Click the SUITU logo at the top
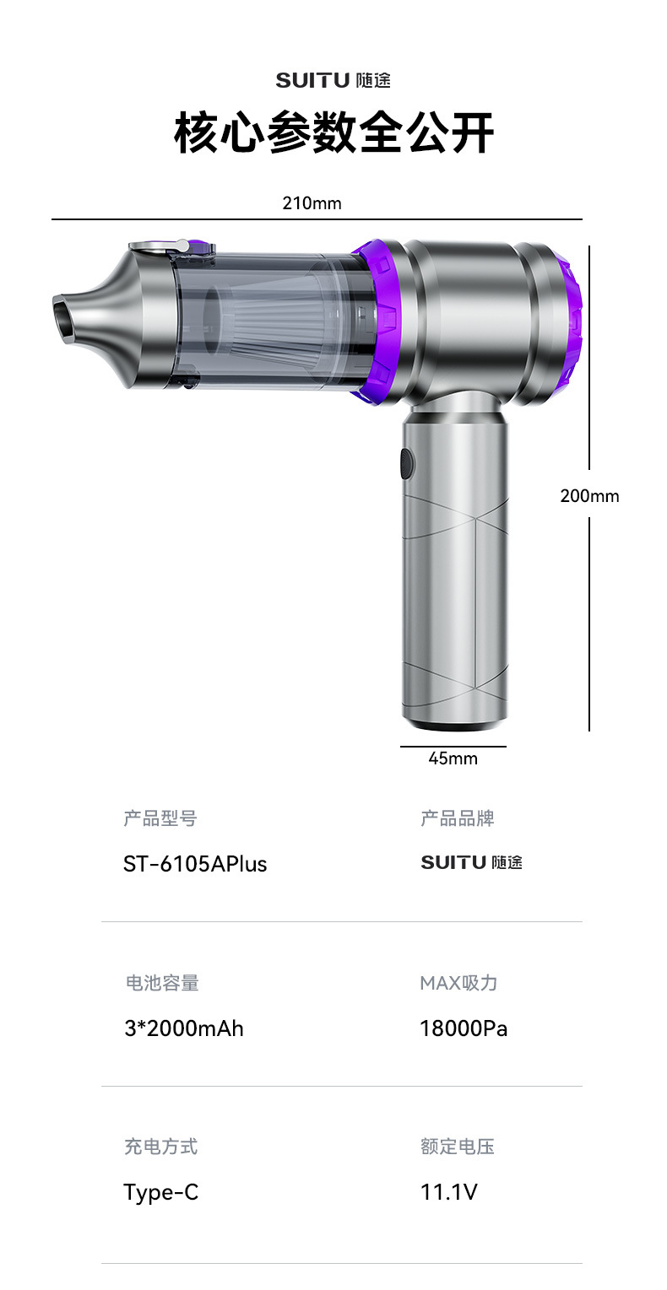[333, 80]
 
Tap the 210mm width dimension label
[312, 203]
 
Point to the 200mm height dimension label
[590, 496]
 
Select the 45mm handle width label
[453, 758]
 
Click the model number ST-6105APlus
[195, 864]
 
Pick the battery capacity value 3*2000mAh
[184, 1028]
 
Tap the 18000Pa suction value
[464, 1028]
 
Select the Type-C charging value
[161, 1192]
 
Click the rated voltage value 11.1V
[449, 1192]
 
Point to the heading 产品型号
[160, 818]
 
